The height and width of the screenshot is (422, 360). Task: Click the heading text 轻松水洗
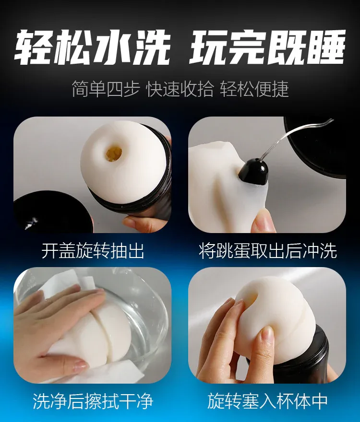(x=91, y=47)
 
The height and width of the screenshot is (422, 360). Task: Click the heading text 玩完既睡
(x=267, y=47)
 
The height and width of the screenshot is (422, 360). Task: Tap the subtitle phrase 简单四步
(x=106, y=89)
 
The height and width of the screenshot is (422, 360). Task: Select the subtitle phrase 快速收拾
(x=180, y=89)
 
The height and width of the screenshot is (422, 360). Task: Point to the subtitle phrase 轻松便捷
(x=254, y=89)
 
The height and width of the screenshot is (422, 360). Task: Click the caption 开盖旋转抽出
(x=93, y=251)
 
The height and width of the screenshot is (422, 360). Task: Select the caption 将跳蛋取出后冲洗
(x=268, y=251)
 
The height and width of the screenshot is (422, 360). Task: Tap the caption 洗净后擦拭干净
(x=93, y=401)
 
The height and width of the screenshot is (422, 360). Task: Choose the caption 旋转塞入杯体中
(x=267, y=401)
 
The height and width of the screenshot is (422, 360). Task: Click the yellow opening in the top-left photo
(x=114, y=153)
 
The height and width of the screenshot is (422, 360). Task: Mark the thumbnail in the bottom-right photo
(x=268, y=335)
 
